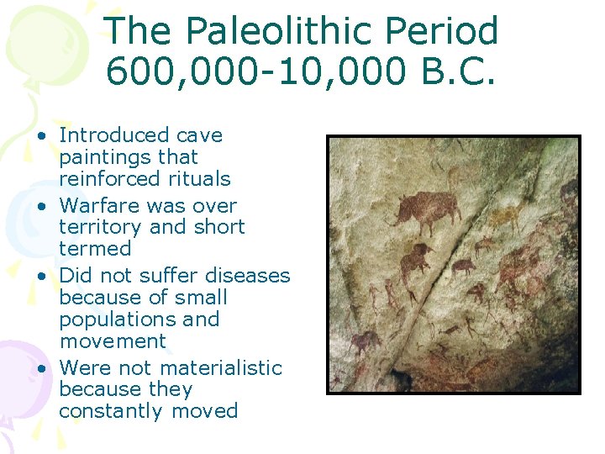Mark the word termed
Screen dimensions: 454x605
click(95, 249)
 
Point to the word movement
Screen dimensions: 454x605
click(113, 341)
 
